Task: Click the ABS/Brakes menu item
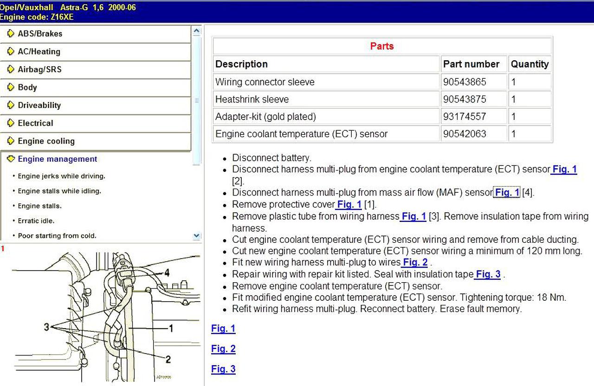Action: click(39, 33)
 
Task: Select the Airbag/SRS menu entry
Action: click(39, 70)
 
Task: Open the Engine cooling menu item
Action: click(46, 141)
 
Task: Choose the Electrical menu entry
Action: click(35, 123)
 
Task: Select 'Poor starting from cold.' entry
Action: click(57, 235)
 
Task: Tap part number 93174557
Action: click(465, 116)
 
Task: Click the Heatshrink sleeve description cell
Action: click(252, 99)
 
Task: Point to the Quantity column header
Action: click(529, 64)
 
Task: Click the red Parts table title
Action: click(382, 46)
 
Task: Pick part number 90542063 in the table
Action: click(465, 134)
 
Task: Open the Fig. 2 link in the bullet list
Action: click(415, 263)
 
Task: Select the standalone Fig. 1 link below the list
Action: click(223, 329)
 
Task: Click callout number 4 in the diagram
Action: click(167, 272)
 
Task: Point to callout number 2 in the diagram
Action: click(168, 359)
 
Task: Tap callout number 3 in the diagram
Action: click(46, 327)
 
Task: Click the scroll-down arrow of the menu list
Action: click(196, 236)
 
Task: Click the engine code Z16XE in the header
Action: click(59, 17)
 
